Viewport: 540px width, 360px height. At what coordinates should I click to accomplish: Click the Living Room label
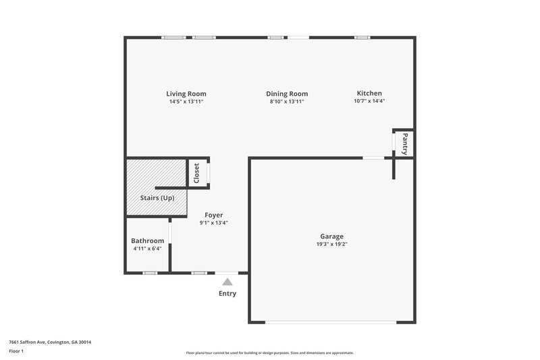click(186, 94)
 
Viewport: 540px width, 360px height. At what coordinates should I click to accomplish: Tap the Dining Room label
click(288, 94)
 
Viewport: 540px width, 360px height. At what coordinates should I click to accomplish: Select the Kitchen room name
click(369, 93)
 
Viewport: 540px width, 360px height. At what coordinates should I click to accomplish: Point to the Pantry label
click(405, 143)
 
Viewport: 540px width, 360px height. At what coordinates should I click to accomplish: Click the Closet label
click(196, 173)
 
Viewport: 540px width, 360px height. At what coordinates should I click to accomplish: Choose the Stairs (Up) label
click(157, 198)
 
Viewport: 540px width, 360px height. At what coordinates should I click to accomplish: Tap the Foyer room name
click(213, 215)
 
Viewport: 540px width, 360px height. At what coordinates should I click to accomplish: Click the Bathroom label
click(147, 240)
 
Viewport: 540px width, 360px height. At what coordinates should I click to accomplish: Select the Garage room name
click(331, 236)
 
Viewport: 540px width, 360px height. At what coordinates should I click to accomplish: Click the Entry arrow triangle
click(227, 282)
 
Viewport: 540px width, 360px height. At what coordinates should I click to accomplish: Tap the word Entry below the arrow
click(227, 294)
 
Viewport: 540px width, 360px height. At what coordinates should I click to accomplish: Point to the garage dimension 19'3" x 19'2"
click(331, 245)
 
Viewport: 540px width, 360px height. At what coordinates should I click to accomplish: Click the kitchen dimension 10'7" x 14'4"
click(369, 101)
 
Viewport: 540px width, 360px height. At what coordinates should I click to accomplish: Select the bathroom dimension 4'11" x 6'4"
click(147, 249)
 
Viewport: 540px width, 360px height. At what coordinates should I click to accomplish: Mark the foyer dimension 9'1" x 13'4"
click(213, 223)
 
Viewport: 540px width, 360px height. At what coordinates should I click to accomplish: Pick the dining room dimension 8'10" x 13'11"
click(288, 102)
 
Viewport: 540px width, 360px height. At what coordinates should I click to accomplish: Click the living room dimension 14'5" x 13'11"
click(186, 102)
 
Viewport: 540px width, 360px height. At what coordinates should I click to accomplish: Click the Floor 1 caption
click(16, 352)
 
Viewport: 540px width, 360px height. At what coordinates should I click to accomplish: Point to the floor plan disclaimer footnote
click(269, 353)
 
